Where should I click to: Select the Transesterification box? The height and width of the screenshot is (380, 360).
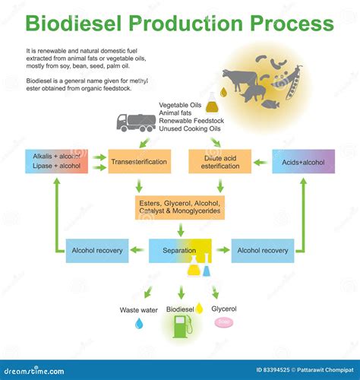(x=139, y=161)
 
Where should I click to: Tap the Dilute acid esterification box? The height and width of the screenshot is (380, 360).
(x=219, y=161)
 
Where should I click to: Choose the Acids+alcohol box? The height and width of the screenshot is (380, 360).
(x=303, y=161)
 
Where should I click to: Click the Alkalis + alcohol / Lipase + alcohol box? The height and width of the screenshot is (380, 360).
(x=56, y=161)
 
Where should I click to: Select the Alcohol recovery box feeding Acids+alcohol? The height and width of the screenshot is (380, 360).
(x=263, y=250)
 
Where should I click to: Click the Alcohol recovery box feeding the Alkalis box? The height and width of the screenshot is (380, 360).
(x=97, y=250)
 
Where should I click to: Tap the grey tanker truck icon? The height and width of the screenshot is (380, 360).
(x=134, y=122)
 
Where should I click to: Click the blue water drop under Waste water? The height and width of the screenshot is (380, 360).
(x=139, y=324)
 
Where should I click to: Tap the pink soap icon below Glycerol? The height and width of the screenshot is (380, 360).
(x=224, y=322)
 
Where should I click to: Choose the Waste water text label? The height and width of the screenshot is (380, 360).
(x=139, y=309)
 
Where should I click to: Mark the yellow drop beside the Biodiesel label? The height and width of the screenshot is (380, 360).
(x=199, y=308)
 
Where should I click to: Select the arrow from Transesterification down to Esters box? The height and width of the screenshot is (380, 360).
(x=139, y=185)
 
